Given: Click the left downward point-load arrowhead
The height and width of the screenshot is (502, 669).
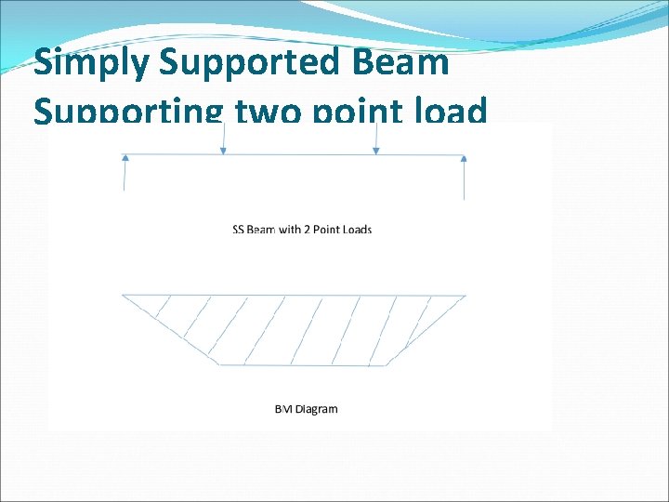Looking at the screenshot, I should pyautogui.click(x=224, y=150).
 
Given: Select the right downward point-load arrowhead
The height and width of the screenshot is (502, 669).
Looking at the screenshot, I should pyautogui.click(x=375, y=150).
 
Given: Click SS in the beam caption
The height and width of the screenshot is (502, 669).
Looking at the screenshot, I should pyautogui.click(x=238, y=229).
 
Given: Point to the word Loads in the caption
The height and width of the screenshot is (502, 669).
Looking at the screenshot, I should pyautogui.click(x=356, y=229).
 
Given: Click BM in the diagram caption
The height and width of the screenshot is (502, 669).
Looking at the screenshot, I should pyautogui.click(x=282, y=408).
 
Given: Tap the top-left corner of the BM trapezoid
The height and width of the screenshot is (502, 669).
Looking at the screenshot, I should pyautogui.click(x=123, y=296).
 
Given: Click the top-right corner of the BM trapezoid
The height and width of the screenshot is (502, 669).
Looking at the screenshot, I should pyautogui.click(x=466, y=296).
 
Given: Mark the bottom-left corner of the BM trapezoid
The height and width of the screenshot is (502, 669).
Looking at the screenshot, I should pyautogui.click(x=218, y=364).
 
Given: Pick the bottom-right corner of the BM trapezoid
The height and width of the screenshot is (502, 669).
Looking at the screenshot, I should pyautogui.click(x=387, y=364).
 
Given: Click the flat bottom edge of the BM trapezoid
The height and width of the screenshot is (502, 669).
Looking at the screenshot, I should pyautogui.click(x=302, y=364).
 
